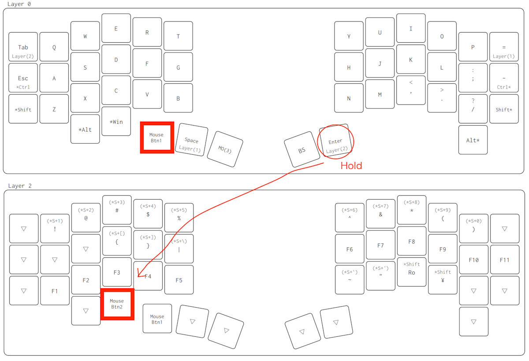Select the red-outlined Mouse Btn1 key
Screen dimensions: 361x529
(x=156, y=138)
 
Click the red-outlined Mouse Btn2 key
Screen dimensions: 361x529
(x=117, y=304)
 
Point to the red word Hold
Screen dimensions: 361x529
(x=351, y=166)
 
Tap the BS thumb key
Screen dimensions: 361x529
(x=302, y=150)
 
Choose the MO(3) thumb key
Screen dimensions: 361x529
(x=225, y=149)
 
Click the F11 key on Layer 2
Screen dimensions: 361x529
(x=504, y=260)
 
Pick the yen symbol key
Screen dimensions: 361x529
(x=443, y=278)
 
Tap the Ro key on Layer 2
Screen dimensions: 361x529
(x=411, y=271)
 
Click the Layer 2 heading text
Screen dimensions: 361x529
(x=20, y=186)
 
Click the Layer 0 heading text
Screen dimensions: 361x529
(x=20, y=4)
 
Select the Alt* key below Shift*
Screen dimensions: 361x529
(x=473, y=140)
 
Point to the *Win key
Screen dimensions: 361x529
(x=116, y=121)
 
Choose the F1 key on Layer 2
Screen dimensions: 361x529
(x=55, y=291)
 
